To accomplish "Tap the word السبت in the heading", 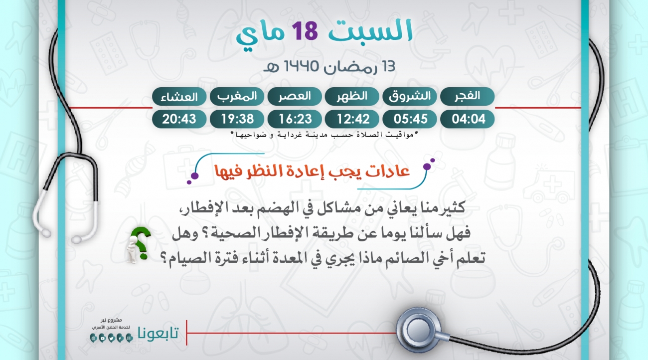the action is (x=370, y=30).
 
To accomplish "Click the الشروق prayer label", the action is (x=410, y=96).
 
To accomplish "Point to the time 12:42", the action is (x=352, y=119).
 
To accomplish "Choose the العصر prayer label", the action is (x=295, y=96).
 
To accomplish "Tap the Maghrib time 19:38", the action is (x=237, y=119).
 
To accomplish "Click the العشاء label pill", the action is (x=179, y=96).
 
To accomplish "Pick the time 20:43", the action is (x=179, y=119).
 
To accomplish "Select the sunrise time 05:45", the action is (x=410, y=119).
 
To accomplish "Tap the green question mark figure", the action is (x=138, y=244).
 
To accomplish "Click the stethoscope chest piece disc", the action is (x=419, y=330).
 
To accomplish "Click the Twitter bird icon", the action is (x=111, y=338).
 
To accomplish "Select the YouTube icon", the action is (x=102, y=338).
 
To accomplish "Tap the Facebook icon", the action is (x=120, y=338).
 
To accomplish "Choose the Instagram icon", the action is (x=129, y=338).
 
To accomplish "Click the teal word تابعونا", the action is (x=158, y=333).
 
